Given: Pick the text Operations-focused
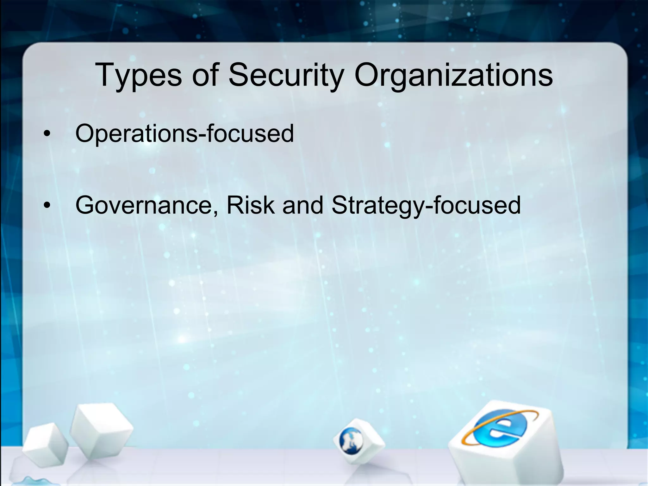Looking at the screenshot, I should pyautogui.click(x=184, y=134).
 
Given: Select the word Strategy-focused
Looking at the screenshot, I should pyautogui.click(x=426, y=206).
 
